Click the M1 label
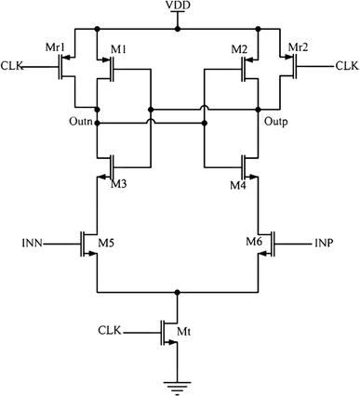(117, 47)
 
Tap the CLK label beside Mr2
(346, 65)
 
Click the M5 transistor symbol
(91, 245)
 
